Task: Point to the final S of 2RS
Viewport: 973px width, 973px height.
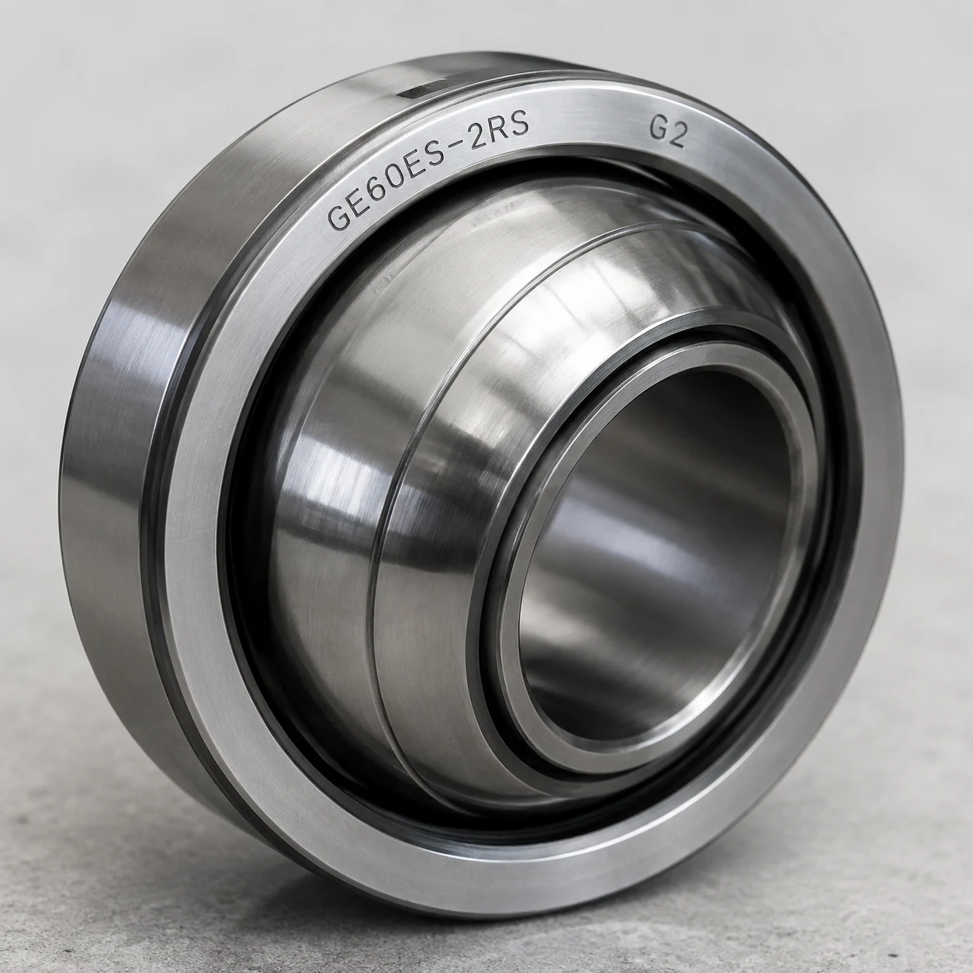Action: point(520,124)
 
